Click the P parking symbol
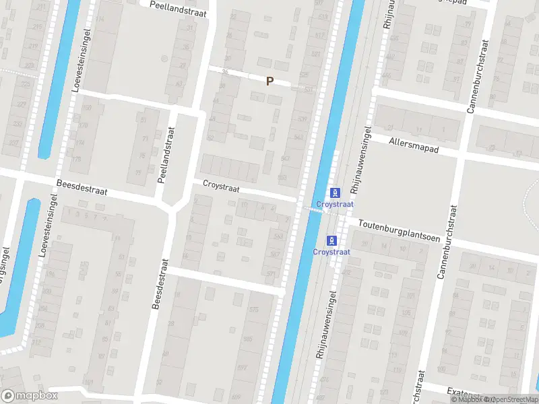click(269, 81)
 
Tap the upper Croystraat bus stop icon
click(331, 193)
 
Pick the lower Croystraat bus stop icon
click(331, 240)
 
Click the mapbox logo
click(30, 396)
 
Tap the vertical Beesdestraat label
click(159, 284)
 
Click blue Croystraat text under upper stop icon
click(331, 204)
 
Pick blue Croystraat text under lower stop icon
click(331, 252)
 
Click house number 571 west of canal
click(271, 274)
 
